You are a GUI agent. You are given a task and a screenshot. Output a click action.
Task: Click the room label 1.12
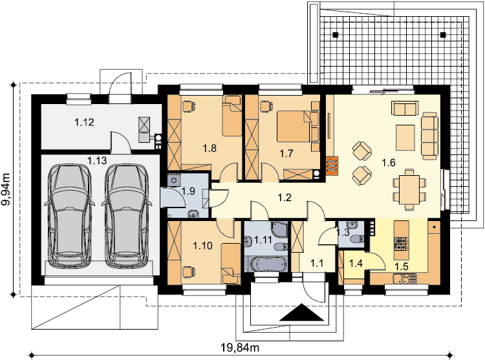point(84,122)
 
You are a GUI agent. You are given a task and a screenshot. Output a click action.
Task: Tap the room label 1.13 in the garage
point(97,161)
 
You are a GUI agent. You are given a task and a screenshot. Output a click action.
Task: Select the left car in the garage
point(69,216)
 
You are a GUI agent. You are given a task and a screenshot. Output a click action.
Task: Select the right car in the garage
point(127,216)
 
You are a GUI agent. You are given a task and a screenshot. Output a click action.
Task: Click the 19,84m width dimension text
point(240,348)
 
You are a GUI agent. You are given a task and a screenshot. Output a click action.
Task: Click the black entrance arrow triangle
point(301,313)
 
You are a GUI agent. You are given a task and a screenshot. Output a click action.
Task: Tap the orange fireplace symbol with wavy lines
point(332,165)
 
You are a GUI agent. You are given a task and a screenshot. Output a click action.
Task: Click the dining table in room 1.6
point(409,189)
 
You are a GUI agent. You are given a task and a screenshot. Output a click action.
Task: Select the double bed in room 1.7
point(293,127)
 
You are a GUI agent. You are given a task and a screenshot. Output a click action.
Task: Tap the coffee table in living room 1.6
point(405,137)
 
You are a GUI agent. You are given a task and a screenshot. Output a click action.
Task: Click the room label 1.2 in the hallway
point(285,198)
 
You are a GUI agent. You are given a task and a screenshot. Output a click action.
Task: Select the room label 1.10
point(202,246)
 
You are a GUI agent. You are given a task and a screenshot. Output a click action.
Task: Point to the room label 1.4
point(356,263)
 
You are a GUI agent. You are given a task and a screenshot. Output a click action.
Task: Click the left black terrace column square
point(336,35)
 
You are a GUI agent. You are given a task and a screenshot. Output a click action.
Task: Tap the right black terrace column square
point(443,35)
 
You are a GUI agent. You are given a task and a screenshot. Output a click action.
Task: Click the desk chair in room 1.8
point(188,106)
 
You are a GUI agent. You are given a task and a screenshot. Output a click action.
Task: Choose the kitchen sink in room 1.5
point(401,279)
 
